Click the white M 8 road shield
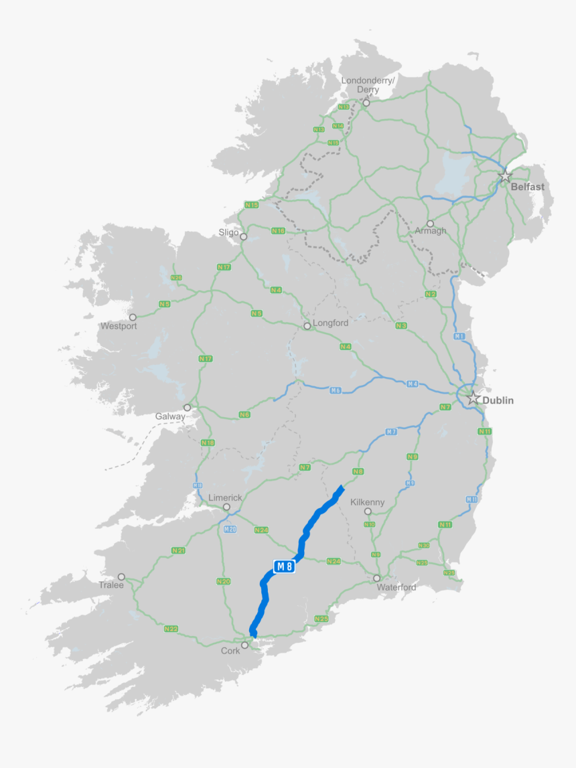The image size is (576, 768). coord(284,566)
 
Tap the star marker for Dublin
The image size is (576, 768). coord(474,398)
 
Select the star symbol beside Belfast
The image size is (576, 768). coord(505,177)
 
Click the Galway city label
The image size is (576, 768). coord(170,416)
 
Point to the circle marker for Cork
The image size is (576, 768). coord(246,645)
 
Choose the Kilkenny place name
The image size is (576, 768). coord(368,502)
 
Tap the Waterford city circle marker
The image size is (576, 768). coord(377,578)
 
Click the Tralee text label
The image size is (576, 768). coord(111,585)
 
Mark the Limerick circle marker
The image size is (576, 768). coord(226,507)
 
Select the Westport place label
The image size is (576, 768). coord(119,326)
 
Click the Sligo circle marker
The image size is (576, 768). coord(244,236)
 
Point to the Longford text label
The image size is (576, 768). coord(330,323)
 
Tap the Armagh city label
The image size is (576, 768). coord(430,231)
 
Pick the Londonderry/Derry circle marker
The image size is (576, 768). coord(366,103)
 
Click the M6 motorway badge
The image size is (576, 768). coord(336,390)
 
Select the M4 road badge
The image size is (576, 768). coord(413,384)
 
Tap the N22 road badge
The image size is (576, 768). coord(171,629)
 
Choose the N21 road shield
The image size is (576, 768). coord(178,550)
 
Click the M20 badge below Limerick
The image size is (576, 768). coord(230,529)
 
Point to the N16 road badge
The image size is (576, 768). coord(278,231)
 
